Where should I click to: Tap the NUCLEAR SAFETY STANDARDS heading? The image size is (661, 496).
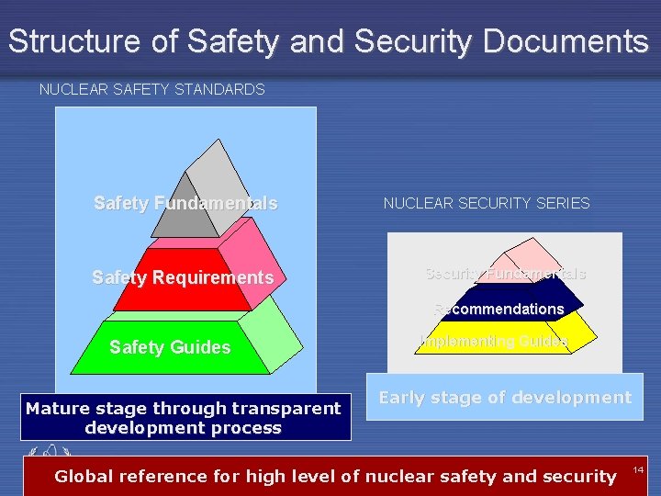pos(151,90)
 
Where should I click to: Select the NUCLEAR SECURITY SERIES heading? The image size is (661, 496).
pos(487,203)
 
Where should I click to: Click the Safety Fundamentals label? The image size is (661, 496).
pos(185,203)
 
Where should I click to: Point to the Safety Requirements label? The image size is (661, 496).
pos(183,276)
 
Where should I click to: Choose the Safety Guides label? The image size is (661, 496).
pos(170,346)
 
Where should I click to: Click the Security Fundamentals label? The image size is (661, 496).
pos(505,274)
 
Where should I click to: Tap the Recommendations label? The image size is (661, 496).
pos(499,309)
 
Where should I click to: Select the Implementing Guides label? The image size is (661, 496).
pos(494,341)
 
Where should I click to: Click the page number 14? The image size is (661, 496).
pos(638,469)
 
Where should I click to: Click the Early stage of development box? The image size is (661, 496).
pos(504,398)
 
